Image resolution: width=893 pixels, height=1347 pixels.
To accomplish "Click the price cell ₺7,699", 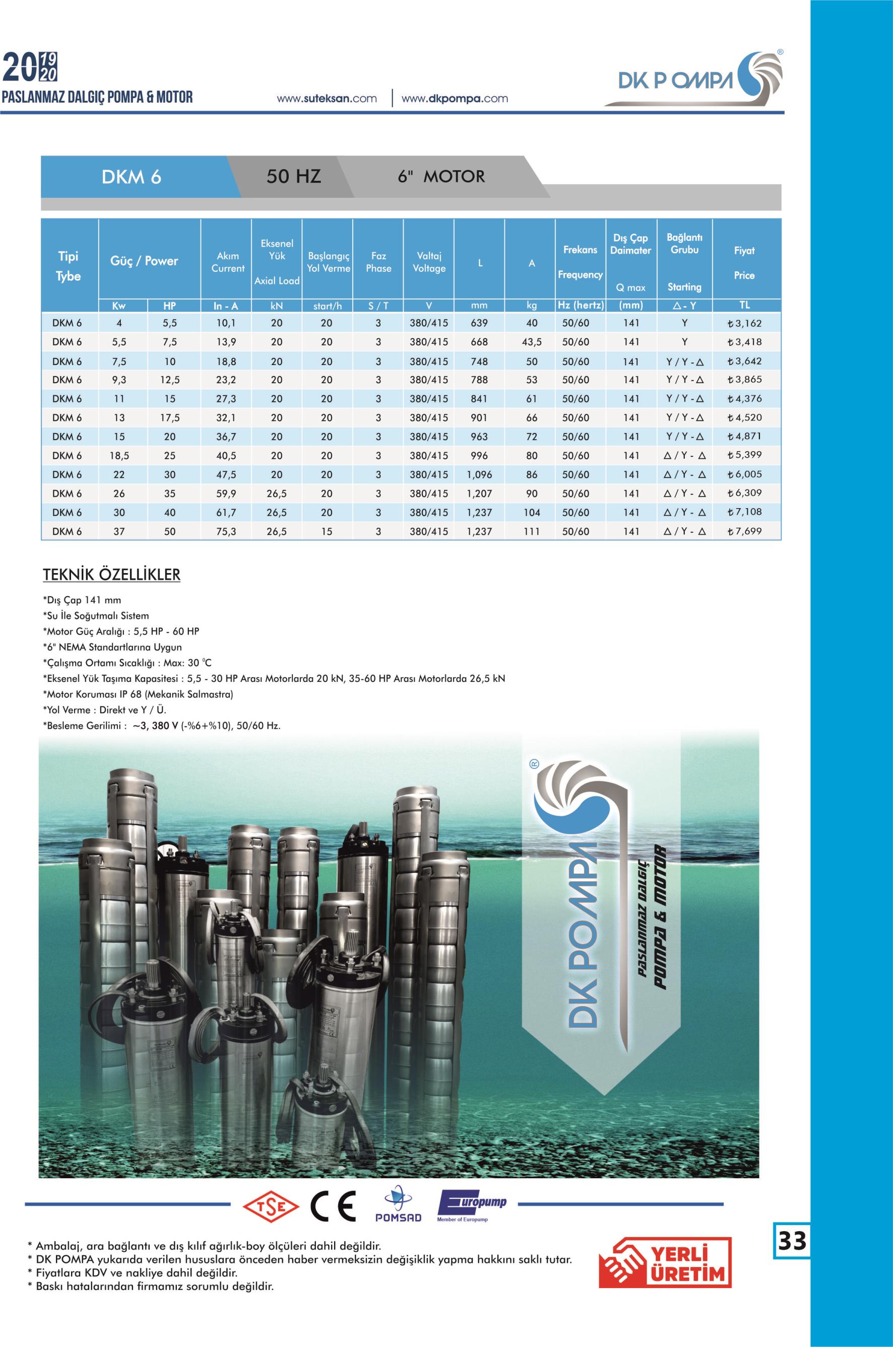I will pyautogui.click(x=744, y=532).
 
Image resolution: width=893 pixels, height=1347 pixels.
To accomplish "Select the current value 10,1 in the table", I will pyautogui.click(x=226, y=323).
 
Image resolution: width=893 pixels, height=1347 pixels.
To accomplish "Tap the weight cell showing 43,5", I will pyautogui.click(x=531, y=342).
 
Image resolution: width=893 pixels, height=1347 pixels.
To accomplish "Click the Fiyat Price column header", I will pyautogui.click(x=744, y=262).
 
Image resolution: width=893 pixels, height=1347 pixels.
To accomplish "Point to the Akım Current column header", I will pyautogui.click(x=228, y=262).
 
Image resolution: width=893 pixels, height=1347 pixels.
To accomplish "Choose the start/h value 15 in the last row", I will pyautogui.click(x=327, y=532).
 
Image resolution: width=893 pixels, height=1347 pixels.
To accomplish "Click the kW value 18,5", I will pyautogui.click(x=119, y=456).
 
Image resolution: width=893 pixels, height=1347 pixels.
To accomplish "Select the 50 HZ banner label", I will pyautogui.click(x=293, y=176).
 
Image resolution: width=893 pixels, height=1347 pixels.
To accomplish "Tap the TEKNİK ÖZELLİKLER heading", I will pyautogui.click(x=112, y=575).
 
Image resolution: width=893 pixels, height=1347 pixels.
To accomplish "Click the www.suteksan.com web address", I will pyautogui.click(x=327, y=99).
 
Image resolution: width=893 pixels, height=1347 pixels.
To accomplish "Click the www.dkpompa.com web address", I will pyautogui.click(x=455, y=99).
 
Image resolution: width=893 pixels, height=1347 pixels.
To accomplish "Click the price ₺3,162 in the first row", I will pyautogui.click(x=744, y=323).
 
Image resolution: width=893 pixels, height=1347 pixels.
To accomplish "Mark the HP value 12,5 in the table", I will pyautogui.click(x=170, y=380).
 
